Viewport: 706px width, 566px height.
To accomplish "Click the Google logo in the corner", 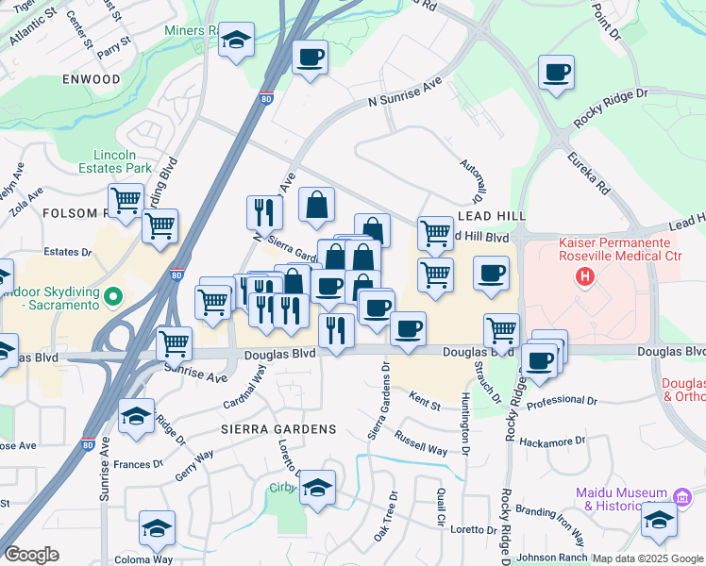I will pos(31,555).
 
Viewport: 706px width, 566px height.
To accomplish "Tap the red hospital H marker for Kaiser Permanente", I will pos(585,277).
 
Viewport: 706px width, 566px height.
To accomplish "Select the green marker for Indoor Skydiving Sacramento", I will pos(113,298).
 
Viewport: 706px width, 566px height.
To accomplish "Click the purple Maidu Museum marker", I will pos(682,495).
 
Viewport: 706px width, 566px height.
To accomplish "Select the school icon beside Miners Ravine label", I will pos(236,41).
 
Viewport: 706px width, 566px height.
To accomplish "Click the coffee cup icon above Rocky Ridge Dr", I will pos(556,72).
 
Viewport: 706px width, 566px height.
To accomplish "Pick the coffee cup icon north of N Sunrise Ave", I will pos(310,58).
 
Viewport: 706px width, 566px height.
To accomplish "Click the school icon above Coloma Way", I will pos(157,528).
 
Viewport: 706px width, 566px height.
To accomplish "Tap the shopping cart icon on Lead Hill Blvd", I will pos(434,232).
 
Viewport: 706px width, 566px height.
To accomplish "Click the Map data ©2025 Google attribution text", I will pos(647,558).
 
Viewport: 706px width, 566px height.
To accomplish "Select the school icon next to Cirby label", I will pos(317,488).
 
